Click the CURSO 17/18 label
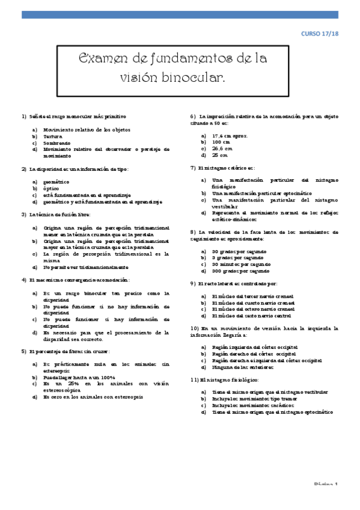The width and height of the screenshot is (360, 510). tap(320, 35)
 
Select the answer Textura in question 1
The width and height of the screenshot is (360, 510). tap(55, 136)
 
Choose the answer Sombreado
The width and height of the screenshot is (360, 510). tap(58, 143)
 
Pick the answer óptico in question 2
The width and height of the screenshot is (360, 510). tap(52, 188)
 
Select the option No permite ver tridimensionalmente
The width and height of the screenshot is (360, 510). tap(86, 267)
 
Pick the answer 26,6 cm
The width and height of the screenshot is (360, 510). tap(222, 148)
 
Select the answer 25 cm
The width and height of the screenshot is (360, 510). tap(219, 155)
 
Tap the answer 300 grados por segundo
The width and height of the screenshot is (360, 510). tap(241, 271)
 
